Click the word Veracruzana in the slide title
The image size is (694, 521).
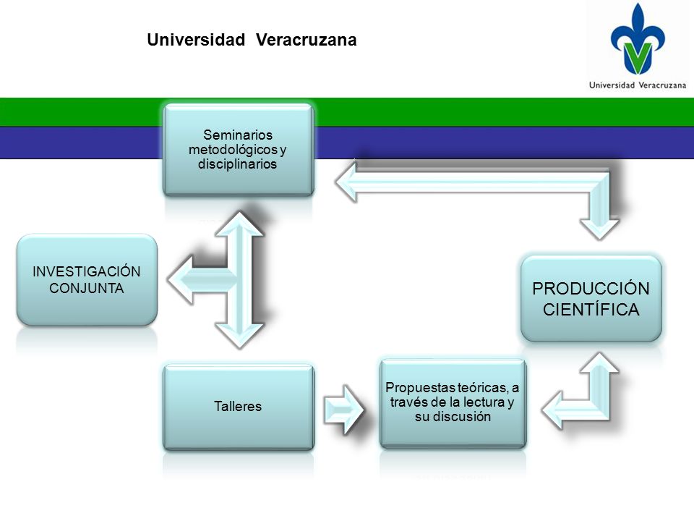[x=307, y=40]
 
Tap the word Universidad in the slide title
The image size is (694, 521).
[x=196, y=40]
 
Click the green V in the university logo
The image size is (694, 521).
[x=638, y=57]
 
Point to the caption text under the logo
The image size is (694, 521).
[x=638, y=85]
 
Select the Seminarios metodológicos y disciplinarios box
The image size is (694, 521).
[x=239, y=150]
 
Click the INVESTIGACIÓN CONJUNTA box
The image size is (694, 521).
[x=87, y=279]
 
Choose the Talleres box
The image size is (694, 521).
[x=239, y=407]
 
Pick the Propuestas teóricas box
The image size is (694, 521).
[x=453, y=403]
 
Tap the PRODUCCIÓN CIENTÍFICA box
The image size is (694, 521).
[x=591, y=299]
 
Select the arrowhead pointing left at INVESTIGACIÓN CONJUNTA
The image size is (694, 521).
[x=181, y=279]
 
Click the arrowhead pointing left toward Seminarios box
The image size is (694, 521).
[x=346, y=182]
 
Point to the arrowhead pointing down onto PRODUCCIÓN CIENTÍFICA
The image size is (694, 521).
[x=600, y=229]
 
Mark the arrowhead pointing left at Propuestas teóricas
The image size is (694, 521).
[x=553, y=410]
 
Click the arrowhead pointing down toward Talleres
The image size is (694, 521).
[x=239, y=336]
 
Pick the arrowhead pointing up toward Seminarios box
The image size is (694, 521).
[x=239, y=224]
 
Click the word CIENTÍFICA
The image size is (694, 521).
[x=591, y=309]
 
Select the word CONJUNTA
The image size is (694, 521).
[x=86, y=289]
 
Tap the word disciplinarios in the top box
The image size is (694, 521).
[x=237, y=164]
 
